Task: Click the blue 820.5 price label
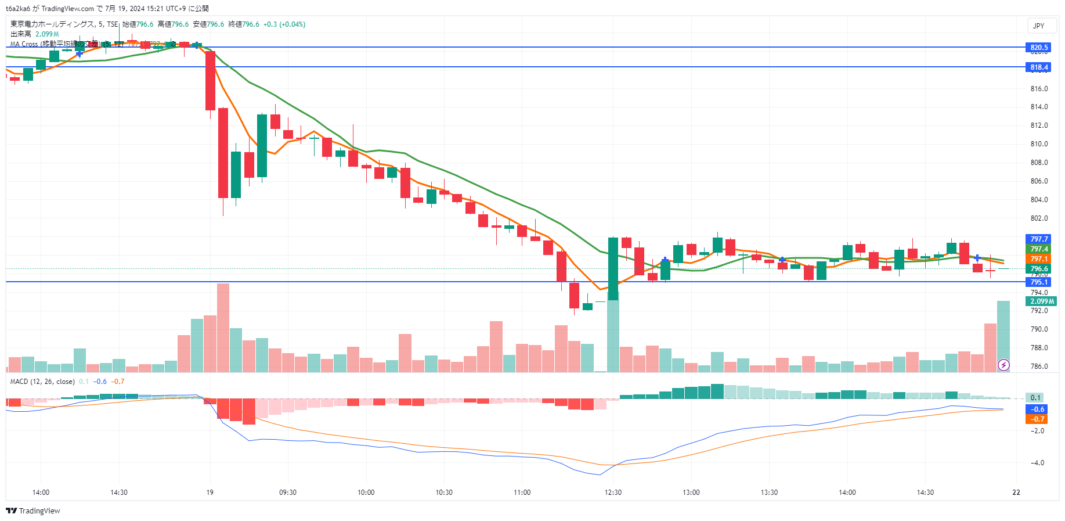coord(1038,48)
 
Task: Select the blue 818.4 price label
coord(1038,67)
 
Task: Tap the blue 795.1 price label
coord(1038,282)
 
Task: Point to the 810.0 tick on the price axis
coord(1039,144)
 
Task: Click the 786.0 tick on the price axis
coord(1039,367)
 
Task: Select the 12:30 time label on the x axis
coord(613,493)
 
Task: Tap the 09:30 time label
coord(288,493)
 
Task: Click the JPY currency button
coord(1039,26)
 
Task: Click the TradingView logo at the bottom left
coord(33,511)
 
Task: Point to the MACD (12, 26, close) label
coord(42,382)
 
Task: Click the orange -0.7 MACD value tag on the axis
coord(1037,419)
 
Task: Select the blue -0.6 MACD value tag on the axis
coord(1037,409)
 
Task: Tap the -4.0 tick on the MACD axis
coord(1037,463)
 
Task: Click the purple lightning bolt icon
coord(1003,365)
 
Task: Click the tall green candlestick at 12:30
coord(613,268)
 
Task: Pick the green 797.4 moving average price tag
coord(1038,249)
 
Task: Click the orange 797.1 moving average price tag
coord(1038,259)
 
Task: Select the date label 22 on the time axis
coord(1016,493)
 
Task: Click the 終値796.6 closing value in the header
coord(244,24)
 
